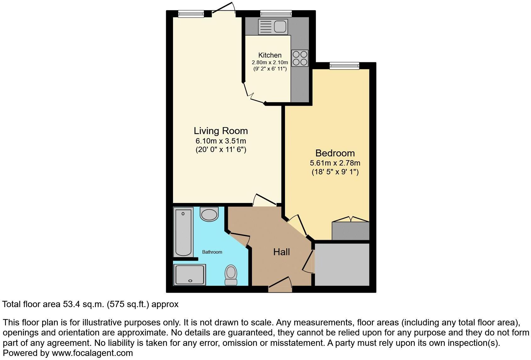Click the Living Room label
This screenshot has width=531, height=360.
coord(221,131)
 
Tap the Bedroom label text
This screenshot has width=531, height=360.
coord(335,153)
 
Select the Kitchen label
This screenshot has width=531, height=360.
coord(270,55)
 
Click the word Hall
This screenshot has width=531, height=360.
coord(282,252)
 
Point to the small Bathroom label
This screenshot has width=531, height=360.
coord(212,252)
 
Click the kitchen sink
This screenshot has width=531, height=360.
coord(272,26)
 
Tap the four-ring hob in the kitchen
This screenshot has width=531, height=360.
coord(300,58)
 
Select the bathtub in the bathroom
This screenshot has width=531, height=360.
coord(183,232)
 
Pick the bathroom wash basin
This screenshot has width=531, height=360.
coord(209,214)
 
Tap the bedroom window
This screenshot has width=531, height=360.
coord(344,66)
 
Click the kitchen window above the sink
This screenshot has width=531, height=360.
coord(276,14)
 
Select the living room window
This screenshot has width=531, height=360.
coord(191,14)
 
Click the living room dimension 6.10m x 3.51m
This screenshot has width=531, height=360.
coord(221,141)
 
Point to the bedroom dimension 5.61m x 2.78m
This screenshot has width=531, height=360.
coord(335,163)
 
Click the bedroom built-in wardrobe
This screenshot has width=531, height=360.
coord(350,231)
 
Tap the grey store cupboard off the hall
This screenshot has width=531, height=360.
coord(342,264)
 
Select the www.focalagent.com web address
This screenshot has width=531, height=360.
coord(92,353)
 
